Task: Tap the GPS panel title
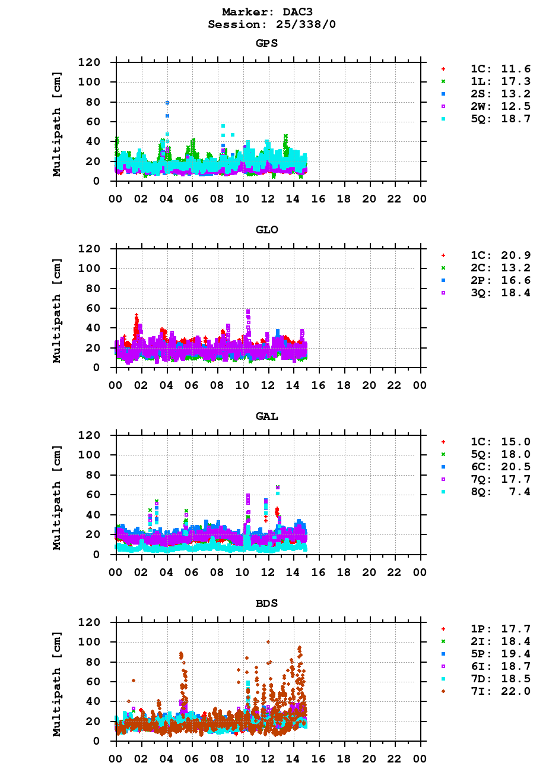click(x=266, y=43)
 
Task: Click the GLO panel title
click(x=266, y=230)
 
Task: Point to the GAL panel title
click(x=266, y=416)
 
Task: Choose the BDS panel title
click(x=266, y=603)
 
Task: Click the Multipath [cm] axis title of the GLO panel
click(x=57, y=311)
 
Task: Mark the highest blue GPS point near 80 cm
click(x=167, y=103)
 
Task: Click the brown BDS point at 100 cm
click(x=268, y=642)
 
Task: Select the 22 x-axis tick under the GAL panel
click(x=395, y=572)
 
